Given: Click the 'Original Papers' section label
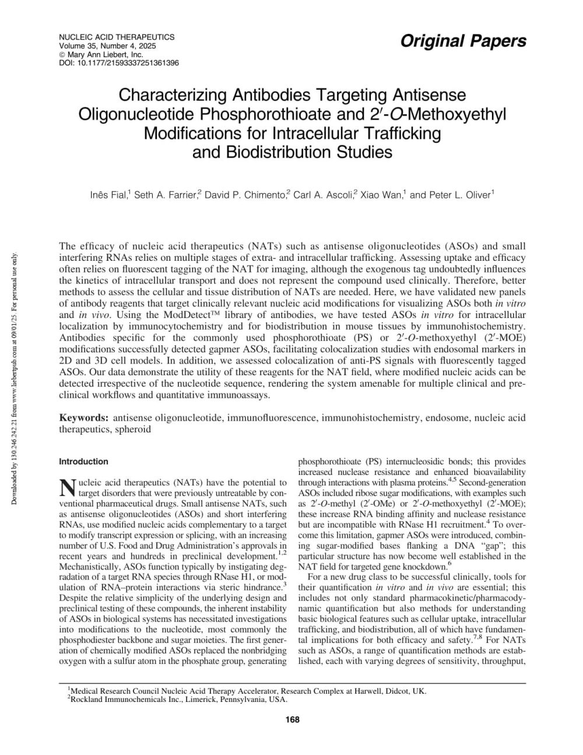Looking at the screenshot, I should click(463, 41).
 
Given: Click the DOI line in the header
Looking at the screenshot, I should click(119, 62).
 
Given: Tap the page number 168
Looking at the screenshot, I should click(292, 719).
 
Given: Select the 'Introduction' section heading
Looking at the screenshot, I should click(84, 462).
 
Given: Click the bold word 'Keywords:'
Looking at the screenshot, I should click(84, 418).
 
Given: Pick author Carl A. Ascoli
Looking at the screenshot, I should click(324, 195).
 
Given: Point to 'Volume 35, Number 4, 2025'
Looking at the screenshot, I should click(108, 46).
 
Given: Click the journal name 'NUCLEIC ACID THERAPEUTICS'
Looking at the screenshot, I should click(117, 37).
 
